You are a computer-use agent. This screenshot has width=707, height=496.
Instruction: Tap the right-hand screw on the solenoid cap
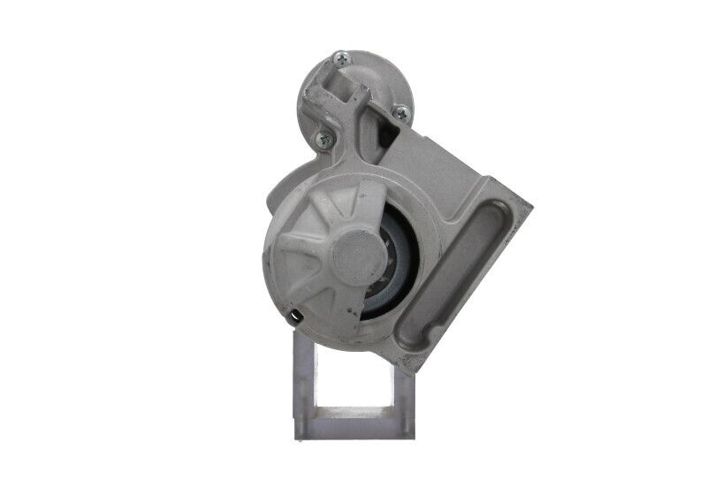pyautogui.click(x=401, y=112)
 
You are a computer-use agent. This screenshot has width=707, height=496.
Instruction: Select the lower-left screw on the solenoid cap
pyautogui.click(x=323, y=138)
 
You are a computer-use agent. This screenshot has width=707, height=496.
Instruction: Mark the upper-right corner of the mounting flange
pyautogui.click(x=528, y=204)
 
